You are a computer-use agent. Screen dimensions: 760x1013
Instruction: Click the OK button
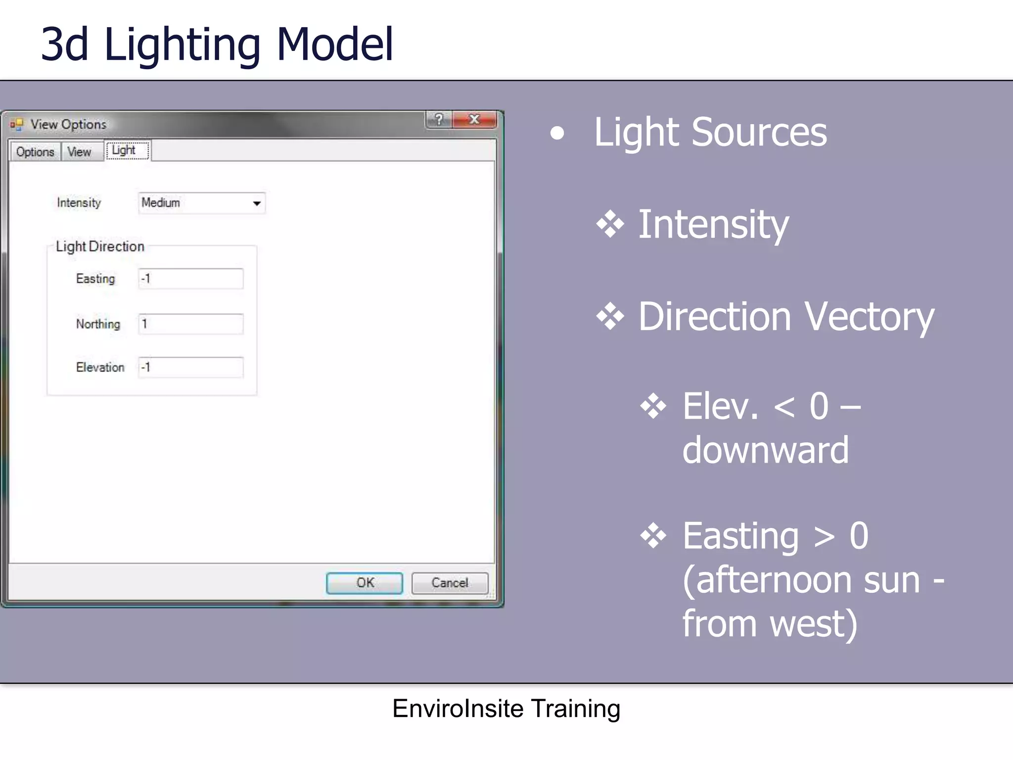[x=365, y=583]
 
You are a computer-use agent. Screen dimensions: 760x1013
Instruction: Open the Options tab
[x=35, y=151]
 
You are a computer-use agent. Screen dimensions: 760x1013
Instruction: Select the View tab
[x=79, y=151]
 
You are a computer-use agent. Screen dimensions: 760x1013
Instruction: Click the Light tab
[x=124, y=150]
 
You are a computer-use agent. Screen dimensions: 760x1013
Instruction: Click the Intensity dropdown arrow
[x=257, y=203]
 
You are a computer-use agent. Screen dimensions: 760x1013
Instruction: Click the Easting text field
[x=190, y=279]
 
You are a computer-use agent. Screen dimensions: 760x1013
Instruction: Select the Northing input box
[x=190, y=324]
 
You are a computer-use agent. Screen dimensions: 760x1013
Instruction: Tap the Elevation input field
[x=190, y=368]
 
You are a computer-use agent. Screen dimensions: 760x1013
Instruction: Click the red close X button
[x=474, y=119]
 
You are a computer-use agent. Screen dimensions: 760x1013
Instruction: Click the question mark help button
[x=438, y=119]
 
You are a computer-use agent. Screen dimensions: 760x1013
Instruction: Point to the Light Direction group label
[x=100, y=246]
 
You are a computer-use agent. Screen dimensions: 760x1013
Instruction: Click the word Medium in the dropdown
[x=161, y=203]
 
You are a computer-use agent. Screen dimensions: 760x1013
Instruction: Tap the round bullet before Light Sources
[x=557, y=133]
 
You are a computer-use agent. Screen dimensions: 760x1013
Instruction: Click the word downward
[x=765, y=450]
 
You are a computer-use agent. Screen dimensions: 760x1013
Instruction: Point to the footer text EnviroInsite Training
[x=506, y=709]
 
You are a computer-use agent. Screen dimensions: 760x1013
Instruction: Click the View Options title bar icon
[x=17, y=124]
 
